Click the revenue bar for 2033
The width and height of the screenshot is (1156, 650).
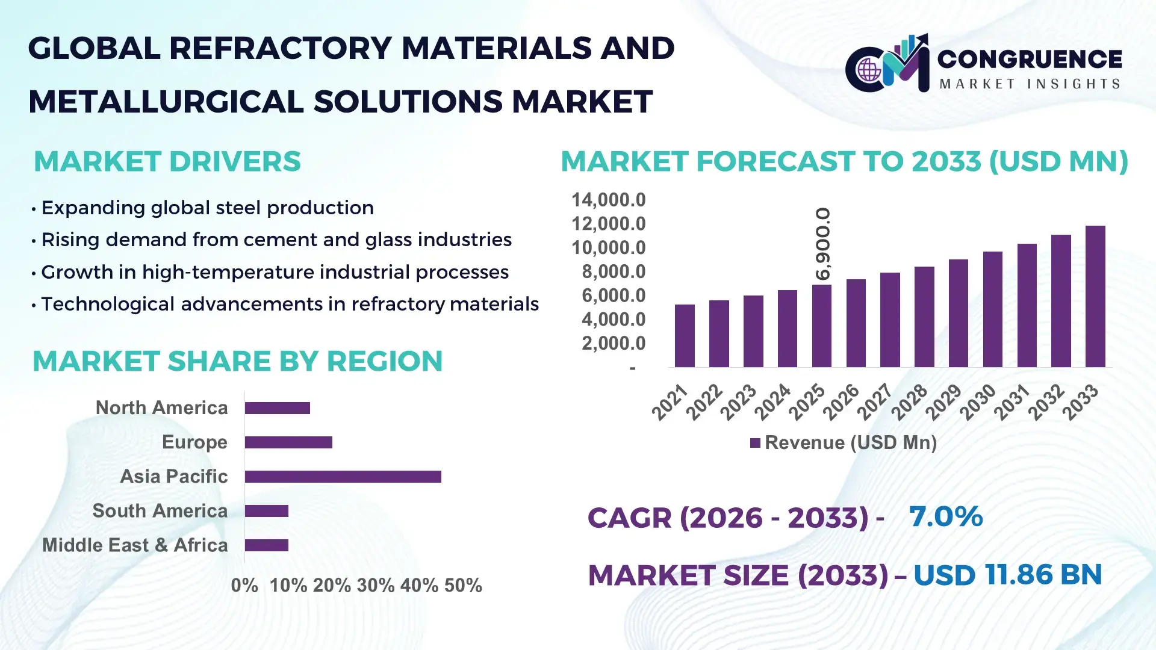1095,297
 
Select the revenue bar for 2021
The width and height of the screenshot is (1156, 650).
685,336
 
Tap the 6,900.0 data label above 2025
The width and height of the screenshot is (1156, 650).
823,244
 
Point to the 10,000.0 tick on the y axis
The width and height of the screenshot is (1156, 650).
608,247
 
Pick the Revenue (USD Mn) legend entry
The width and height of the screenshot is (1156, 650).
844,443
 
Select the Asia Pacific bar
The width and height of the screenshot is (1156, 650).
343,477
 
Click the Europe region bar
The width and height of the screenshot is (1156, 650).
288,442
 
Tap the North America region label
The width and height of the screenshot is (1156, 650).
161,407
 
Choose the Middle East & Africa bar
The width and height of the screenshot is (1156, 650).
267,545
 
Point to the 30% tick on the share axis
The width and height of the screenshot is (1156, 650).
375,585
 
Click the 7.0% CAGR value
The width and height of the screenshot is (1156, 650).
945,516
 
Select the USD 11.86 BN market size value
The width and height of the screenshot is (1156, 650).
1007,575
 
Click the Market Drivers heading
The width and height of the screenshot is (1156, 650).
167,161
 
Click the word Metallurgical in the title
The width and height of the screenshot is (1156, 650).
166,101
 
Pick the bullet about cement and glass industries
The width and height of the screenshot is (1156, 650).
276,240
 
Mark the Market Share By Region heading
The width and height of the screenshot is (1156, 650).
237,361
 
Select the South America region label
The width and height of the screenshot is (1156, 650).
160,511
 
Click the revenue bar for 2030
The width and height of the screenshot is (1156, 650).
992,309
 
